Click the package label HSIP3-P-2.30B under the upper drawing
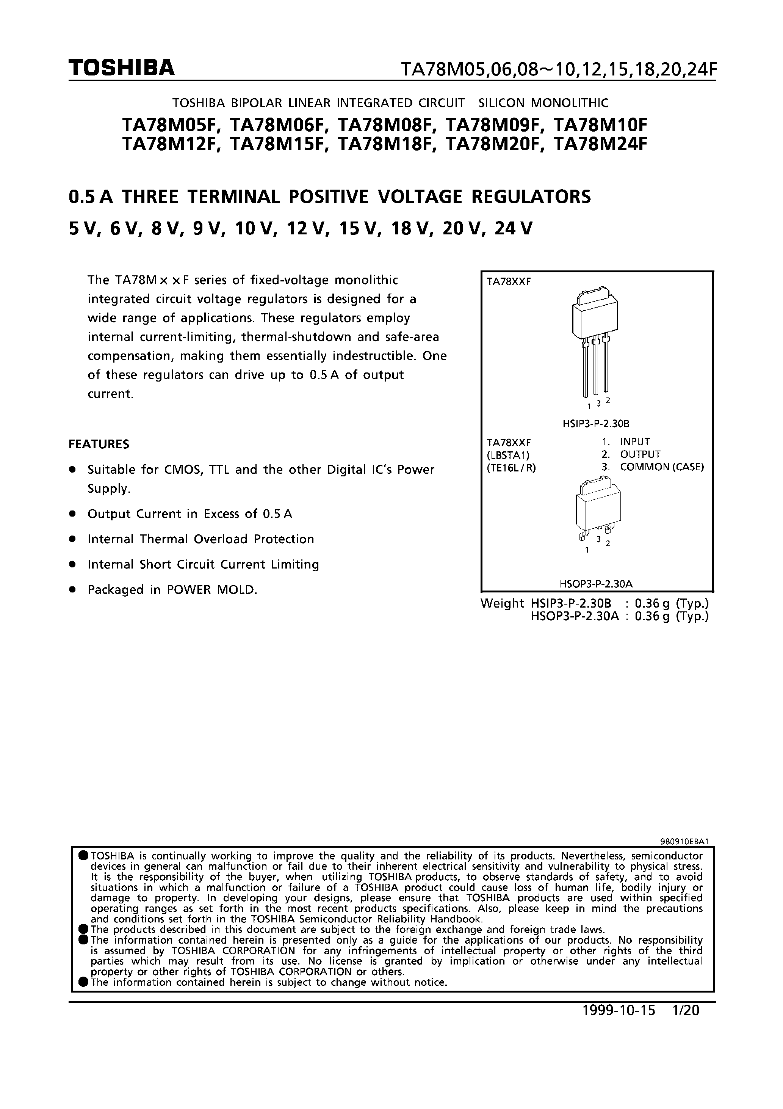[596, 424]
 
